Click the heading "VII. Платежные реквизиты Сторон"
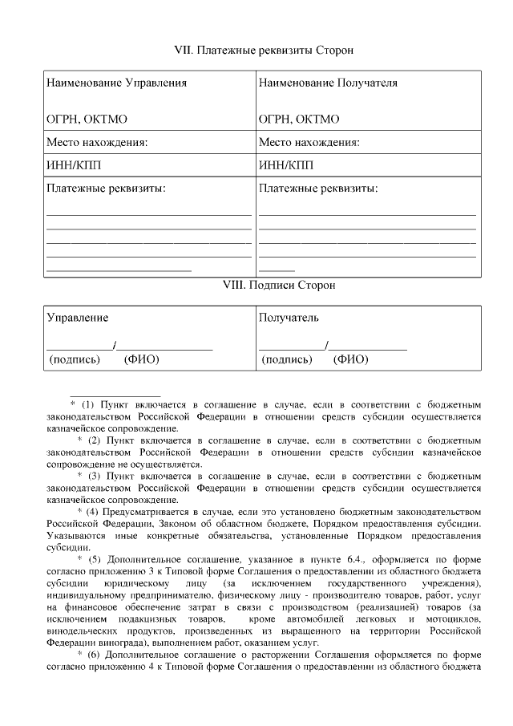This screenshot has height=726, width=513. pyautogui.click(x=264, y=50)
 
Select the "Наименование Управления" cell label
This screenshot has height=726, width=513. pyautogui.click(x=116, y=83)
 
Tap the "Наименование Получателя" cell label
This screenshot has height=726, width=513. pyautogui.click(x=328, y=83)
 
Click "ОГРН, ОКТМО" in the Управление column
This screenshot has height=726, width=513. pyautogui.click(x=87, y=120)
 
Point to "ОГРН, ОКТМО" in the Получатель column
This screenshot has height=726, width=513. pyautogui.click(x=299, y=120)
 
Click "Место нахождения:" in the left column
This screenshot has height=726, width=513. pyautogui.click(x=98, y=143)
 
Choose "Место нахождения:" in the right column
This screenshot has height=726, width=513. pyautogui.click(x=309, y=143)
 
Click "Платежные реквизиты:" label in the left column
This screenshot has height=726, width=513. pyautogui.click(x=106, y=189)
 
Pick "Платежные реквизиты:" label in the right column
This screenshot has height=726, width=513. pyautogui.click(x=318, y=189)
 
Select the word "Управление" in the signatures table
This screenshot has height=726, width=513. pyautogui.click(x=77, y=318)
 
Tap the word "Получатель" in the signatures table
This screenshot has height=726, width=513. pyautogui.click(x=289, y=318)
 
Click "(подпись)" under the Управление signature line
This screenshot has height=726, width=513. pyautogui.click(x=75, y=359)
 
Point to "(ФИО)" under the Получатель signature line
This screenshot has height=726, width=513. pyautogui.click(x=351, y=359)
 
